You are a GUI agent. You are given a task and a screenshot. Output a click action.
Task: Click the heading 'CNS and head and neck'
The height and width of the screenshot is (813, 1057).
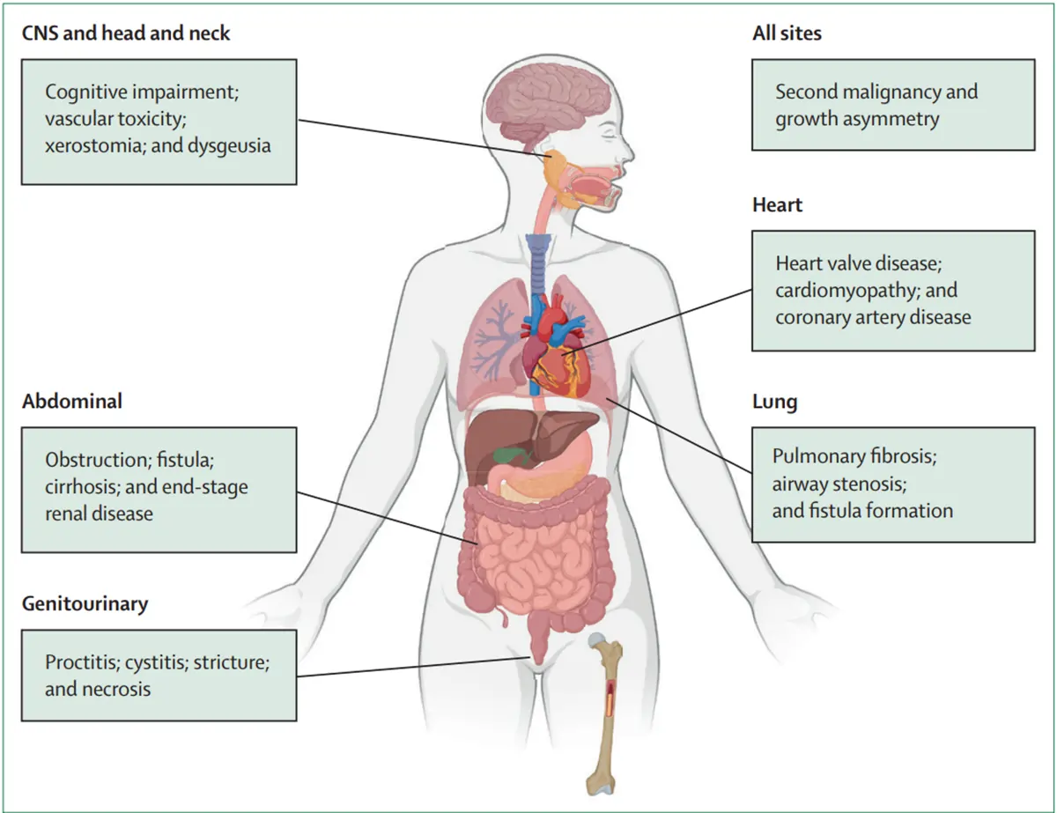coord(125,33)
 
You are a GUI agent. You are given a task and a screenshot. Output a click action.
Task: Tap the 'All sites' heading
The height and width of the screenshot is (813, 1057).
coord(787,33)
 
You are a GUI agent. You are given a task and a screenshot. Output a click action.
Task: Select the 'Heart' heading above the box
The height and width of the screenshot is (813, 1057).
coord(777,204)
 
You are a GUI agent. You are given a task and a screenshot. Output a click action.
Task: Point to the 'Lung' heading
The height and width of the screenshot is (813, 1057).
coord(774,403)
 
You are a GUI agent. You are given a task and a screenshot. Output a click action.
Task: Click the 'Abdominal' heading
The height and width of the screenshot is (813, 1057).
coord(72,401)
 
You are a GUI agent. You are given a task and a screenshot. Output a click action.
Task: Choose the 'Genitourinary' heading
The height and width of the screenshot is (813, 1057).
coord(85,604)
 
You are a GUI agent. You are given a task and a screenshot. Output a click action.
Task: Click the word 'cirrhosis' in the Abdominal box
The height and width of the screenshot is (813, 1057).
coord(81,487)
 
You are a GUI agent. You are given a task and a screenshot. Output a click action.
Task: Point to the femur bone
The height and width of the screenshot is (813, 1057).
coord(604,713)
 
